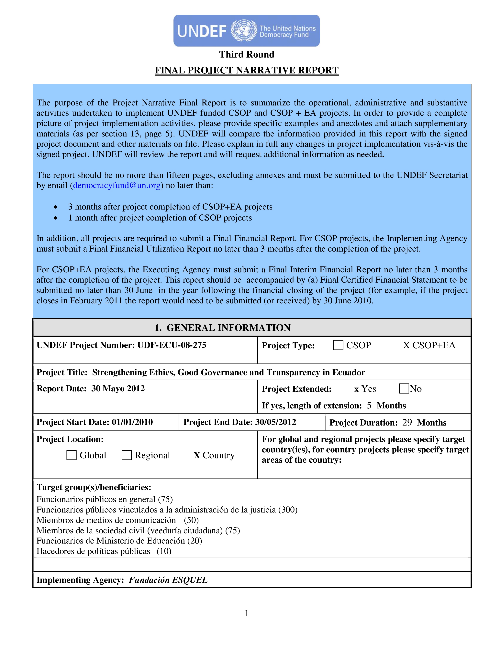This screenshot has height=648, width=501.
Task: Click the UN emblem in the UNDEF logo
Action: pyautogui.click(x=244, y=31)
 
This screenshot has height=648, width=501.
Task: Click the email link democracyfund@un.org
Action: pyautogui.click(x=117, y=185)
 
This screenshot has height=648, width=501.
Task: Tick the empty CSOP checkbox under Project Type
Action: pyautogui.click(x=338, y=345)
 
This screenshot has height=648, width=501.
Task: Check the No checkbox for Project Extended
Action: pyautogui.click(x=404, y=388)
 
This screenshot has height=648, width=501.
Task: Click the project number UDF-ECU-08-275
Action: pyautogui.click(x=172, y=345)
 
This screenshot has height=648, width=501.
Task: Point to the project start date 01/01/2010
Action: pyautogui.click(x=132, y=422)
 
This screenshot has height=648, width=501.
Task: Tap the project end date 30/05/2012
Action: pyautogui.click(x=275, y=422)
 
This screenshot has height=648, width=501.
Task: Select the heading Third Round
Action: pyautogui.click(x=247, y=54)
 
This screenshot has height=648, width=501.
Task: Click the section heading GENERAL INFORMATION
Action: pyautogui.click(x=228, y=328)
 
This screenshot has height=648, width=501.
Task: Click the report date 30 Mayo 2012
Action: pyautogui.click(x=118, y=388)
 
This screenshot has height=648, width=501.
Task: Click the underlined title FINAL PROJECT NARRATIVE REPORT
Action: pyautogui.click(x=247, y=70)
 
